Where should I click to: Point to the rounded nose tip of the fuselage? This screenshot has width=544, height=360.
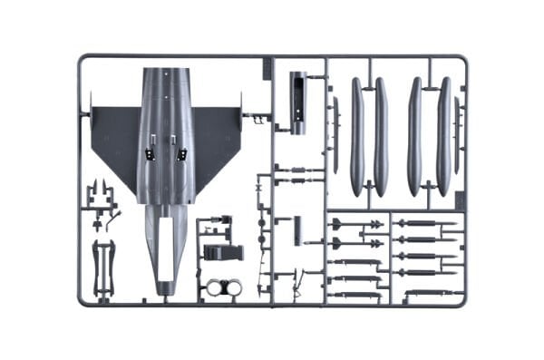pos(165,287)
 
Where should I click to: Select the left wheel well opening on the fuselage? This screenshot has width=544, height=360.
pos(151,150)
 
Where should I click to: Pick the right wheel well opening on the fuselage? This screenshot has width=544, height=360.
pos(180,150)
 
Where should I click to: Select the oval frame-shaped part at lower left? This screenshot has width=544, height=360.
pos(103,268)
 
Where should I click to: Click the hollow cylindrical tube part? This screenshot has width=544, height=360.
pos(297,102)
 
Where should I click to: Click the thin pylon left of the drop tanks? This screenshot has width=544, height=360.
pos(335,136)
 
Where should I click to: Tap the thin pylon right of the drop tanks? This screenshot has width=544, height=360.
pos(457,136)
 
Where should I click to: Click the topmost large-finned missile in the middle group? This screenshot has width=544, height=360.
pos(355,224)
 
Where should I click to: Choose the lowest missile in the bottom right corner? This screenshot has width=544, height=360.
pos(426,292)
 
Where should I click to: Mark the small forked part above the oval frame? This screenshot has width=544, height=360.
pos(102,195)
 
